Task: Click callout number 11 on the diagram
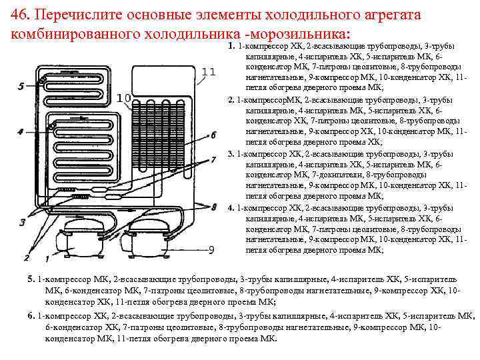[x=208, y=71]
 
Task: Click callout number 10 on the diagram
[x=123, y=99]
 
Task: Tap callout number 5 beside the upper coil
[x=21, y=86]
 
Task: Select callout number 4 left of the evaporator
[x=21, y=132]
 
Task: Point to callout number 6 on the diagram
[x=213, y=135]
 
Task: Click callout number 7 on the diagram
[x=213, y=159]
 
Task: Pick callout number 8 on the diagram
[x=213, y=207]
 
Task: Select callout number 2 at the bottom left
[x=27, y=257]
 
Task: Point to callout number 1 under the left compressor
[x=47, y=257]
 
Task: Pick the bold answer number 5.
[x=31, y=277]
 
